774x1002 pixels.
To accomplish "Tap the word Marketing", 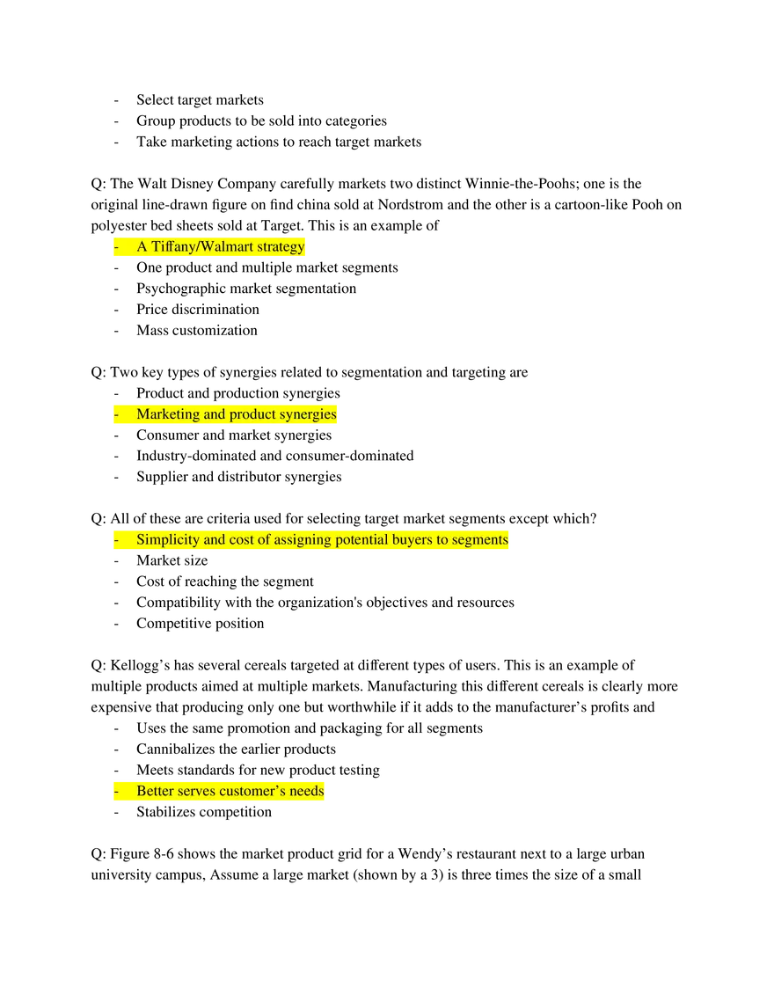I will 168,414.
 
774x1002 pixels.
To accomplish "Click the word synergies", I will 308,414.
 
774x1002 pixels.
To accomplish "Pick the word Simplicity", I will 168,539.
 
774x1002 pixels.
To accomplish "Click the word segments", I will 479,539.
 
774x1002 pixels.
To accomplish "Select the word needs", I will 306,792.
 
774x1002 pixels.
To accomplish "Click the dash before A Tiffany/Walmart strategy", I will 116,247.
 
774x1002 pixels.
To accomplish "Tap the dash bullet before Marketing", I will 116,414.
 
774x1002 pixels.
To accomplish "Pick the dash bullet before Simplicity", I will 116,539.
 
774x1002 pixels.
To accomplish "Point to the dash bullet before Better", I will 116,792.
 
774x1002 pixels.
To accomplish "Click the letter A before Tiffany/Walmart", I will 142,247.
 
